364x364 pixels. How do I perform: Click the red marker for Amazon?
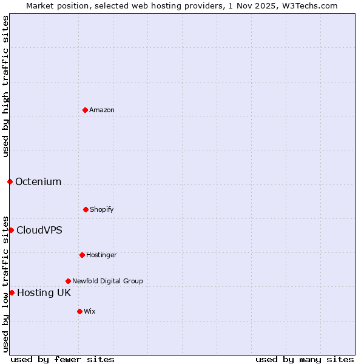pos(85,110)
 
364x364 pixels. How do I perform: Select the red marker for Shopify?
pos(86,209)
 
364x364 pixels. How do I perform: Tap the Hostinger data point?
pos(82,255)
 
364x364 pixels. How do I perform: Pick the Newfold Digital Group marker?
pos(68,281)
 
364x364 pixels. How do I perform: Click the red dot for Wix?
pos(79,311)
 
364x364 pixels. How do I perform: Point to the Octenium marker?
pos(10,181)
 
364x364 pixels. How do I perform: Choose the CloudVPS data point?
pos(11,230)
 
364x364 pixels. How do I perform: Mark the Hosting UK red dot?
pos(12,292)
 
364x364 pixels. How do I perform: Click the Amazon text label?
pos(102,110)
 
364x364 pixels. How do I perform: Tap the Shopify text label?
pos(102,209)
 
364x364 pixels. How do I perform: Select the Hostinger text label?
pos(101,255)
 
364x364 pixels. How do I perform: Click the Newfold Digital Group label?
pos(107,281)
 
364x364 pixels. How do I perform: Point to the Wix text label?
pos(90,311)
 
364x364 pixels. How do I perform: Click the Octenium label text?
pos(38,181)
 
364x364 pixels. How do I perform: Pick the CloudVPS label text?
pos(39,230)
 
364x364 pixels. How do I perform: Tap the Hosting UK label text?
pos(44,292)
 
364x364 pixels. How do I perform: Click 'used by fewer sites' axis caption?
pos(62,359)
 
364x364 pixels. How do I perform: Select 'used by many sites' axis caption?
pos(305,359)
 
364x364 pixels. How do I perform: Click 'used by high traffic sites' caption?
pos(5,86)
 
